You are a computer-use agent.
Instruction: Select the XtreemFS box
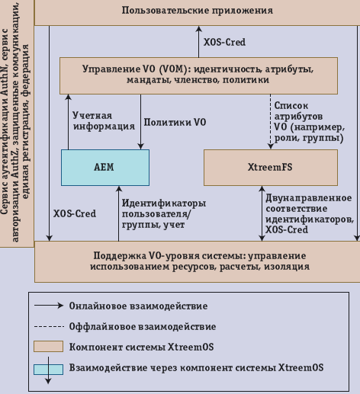click(271, 168)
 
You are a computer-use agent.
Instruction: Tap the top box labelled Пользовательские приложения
click(197, 11)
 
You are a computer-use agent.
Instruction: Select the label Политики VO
click(175, 121)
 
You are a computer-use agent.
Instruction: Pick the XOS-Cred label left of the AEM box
click(75, 213)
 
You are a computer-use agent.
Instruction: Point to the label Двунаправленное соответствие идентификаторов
click(309, 213)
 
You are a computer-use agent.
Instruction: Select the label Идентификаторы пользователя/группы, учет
click(163, 214)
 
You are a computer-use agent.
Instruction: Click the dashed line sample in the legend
click(47, 326)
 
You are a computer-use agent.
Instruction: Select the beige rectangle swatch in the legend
click(47, 347)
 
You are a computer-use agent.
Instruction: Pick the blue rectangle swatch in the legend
click(47, 367)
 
